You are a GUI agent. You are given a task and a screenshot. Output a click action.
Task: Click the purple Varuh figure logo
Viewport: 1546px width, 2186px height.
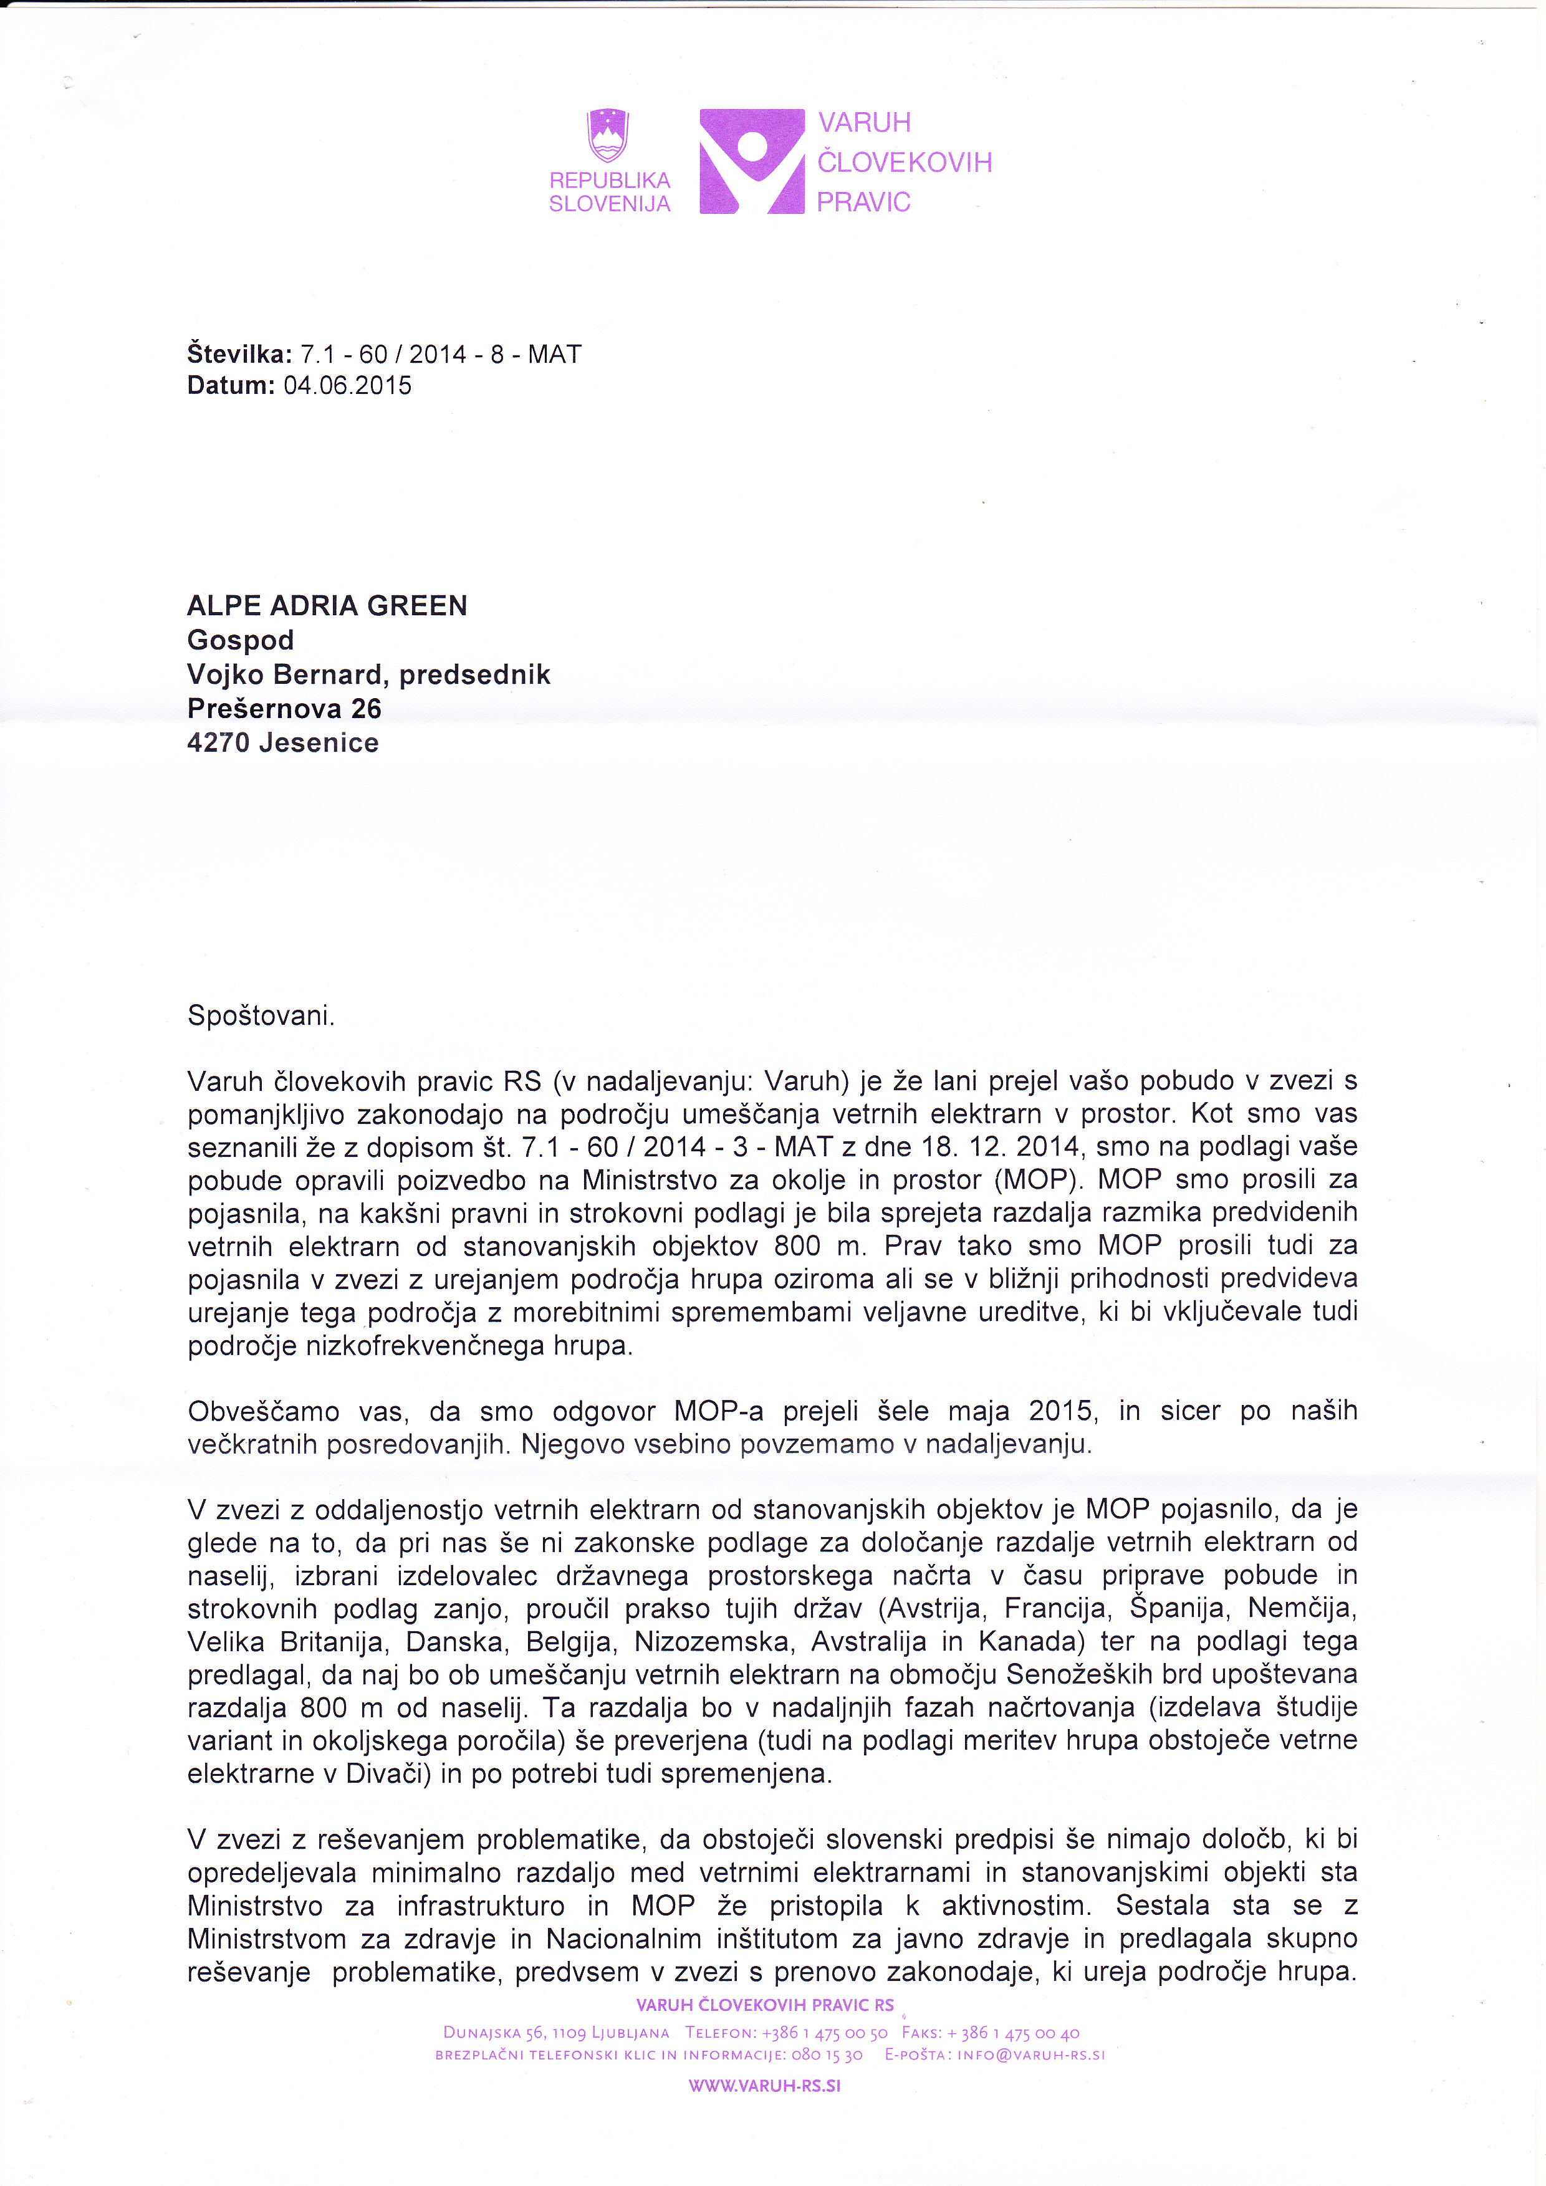coord(752,161)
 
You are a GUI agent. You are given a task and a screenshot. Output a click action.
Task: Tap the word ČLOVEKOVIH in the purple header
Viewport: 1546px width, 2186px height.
coord(905,163)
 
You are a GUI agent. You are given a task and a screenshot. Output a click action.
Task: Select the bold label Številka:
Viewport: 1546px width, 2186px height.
coord(240,355)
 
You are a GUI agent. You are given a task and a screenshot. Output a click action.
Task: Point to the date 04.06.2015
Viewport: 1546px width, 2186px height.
coord(347,386)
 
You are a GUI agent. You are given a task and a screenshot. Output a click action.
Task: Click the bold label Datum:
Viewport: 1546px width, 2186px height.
coord(231,386)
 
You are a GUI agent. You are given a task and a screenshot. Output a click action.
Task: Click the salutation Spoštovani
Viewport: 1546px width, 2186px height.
coord(261,1016)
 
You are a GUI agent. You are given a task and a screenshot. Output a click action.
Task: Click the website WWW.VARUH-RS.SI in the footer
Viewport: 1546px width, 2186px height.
coord(764,2085)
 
